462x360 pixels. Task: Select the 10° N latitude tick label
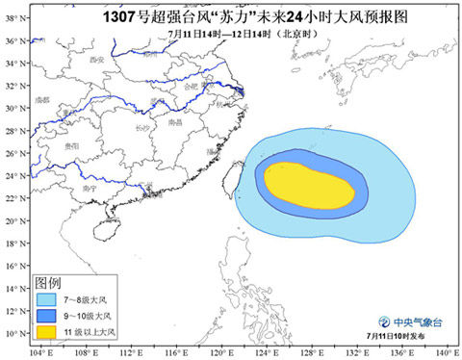13,333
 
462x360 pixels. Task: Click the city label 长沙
141,126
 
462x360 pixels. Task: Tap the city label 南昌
174,123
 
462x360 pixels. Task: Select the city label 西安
95,60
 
